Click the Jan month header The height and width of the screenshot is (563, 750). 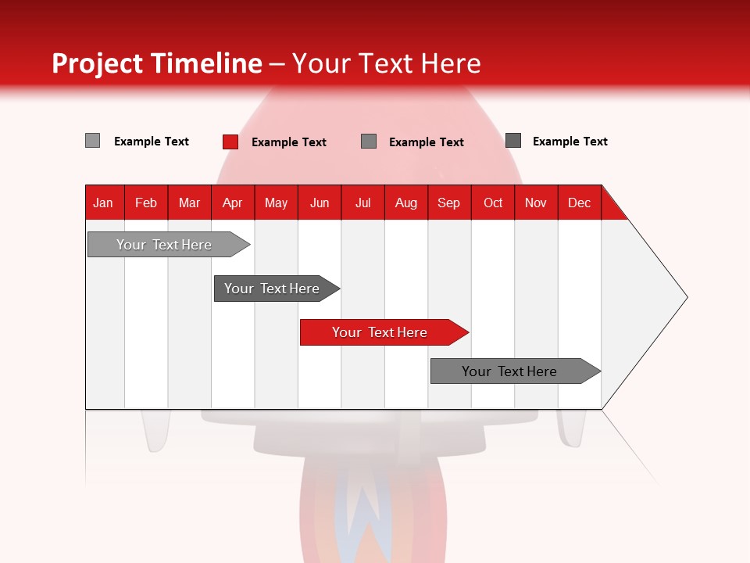pyautogui.click(x=103, y=203)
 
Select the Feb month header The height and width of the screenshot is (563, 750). pyautogui.click(x=146, y=203)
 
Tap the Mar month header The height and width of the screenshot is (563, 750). pyautogui.click(x=189, y=203)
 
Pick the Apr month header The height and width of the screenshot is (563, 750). pyautogui.click(x=233, y=203)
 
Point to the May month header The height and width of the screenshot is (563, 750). pyautogui.click(x=276, y=203)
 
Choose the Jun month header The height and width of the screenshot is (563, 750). pyautogui.click(x=320, y=203)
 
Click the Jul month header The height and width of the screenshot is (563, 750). pyautogui.click(x=362, y=203)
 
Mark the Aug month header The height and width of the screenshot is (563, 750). pyautogui.click(x=406, y=203)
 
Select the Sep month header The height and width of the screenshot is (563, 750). pyautogui.click(x=449, y=203)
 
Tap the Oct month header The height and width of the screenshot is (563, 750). pyautogui.click(x=493, y=203)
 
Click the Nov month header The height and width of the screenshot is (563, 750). pyautogui.click(x=536, y=203)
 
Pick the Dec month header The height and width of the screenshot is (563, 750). pyautogui.click(x=580, y=203)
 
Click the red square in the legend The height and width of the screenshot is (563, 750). pyautogui.click(x=230, y=142)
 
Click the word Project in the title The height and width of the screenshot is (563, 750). pyautogui.click(x=98, y=63)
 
